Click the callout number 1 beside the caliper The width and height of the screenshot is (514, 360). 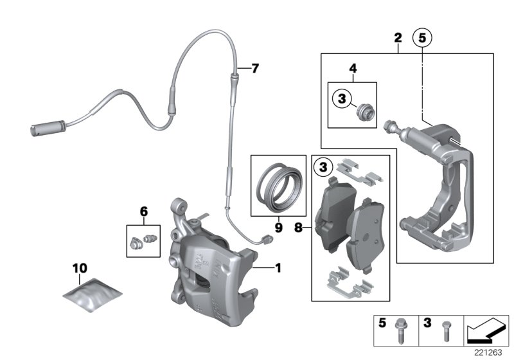click(278, 267)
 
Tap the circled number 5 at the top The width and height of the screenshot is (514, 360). click(422, 39)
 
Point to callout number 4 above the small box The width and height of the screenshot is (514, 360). click(352, 67)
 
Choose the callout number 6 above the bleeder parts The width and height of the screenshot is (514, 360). click(143, 211)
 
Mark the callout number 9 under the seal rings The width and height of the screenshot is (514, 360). click(278, 226)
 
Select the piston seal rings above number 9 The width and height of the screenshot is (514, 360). click(278, 188)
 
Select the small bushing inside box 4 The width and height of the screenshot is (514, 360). click(364, 111)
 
